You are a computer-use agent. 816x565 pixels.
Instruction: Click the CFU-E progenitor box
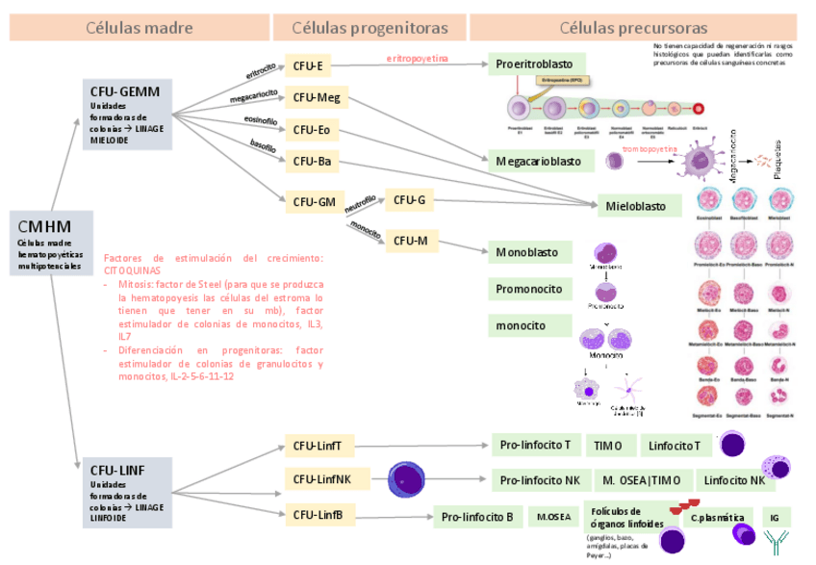point(313,66)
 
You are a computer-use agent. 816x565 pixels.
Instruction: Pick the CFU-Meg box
point(317,97)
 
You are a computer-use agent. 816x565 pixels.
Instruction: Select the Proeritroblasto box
point(534,64)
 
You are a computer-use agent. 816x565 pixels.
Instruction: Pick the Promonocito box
point(528,289)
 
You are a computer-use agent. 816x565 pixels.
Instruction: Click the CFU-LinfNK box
point(321,479)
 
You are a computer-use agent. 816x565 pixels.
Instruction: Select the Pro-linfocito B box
point(477,517)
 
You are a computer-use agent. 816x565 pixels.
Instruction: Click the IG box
point(775,517)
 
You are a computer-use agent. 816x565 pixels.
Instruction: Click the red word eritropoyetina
point(417,59)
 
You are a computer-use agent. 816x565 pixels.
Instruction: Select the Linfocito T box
point(679,445)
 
